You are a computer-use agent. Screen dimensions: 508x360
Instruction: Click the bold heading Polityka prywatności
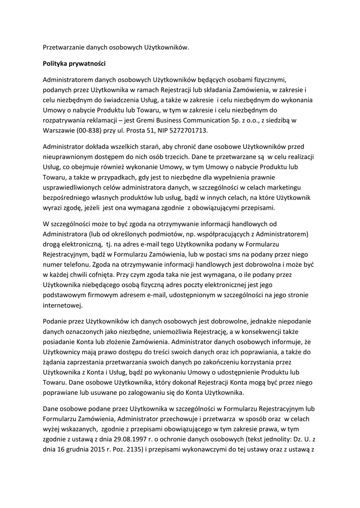[x=74, y=64]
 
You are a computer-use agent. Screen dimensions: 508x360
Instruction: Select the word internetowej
[x=62, y=305]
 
